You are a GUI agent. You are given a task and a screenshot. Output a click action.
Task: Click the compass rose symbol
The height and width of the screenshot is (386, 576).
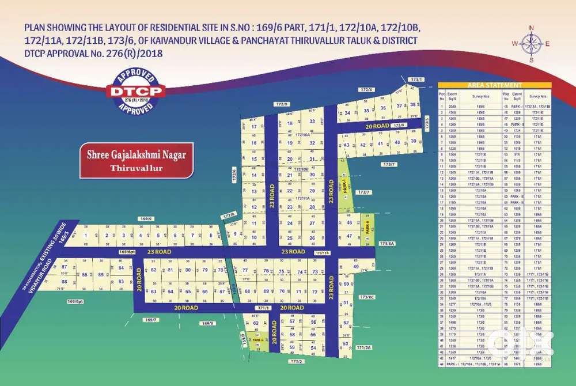[x=531, y=44]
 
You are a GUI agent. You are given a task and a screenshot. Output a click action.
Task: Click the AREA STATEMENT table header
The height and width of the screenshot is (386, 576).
[x=494, y=85]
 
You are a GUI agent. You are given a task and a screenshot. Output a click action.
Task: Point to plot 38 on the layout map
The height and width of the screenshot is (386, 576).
[x=412, y=105]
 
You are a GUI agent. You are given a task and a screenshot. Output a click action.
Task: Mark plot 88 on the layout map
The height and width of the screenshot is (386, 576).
[x=65, y=282]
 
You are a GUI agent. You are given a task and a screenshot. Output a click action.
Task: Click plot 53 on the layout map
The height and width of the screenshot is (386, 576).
[x=345, y=344]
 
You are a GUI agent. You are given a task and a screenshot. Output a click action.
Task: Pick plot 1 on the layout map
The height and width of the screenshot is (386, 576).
[x=86, y=236]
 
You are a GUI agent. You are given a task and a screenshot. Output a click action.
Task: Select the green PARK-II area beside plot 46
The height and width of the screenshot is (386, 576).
[x=368, y=229]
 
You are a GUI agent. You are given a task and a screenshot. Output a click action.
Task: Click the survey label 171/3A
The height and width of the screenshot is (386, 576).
[x=364, y=347]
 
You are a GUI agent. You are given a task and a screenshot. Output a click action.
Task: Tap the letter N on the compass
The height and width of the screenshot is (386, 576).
[x=532, y=28]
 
